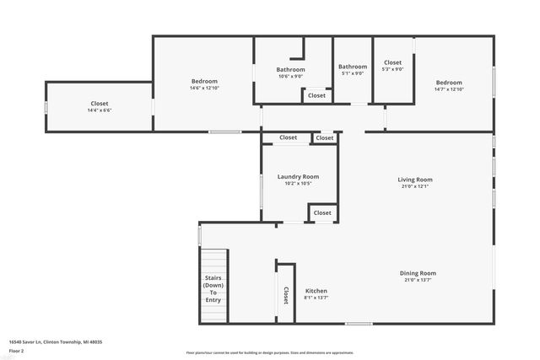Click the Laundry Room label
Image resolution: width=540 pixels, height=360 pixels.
[298, 176]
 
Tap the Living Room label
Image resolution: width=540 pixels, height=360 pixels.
[415, 179]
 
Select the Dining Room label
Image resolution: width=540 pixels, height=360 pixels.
[418, 272]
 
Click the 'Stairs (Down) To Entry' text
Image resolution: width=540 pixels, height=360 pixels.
[213, 288]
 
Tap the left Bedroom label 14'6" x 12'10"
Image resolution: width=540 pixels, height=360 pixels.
[204, 81]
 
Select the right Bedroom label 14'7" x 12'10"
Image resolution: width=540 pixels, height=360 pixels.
[449, 82]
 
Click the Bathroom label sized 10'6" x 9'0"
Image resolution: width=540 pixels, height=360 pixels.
[290, 69]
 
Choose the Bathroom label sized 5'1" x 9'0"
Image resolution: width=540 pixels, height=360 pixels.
[353, 67]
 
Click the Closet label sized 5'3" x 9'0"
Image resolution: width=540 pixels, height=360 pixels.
[393, 62]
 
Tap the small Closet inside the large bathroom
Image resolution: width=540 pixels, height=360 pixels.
[316, 95]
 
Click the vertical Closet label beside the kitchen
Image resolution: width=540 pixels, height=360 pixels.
[285, 294]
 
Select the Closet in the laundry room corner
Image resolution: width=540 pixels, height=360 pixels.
[322, 213]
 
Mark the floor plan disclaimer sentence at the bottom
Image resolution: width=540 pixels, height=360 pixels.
[269, 352]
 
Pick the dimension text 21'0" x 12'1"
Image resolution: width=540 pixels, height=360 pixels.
[415, 186]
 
